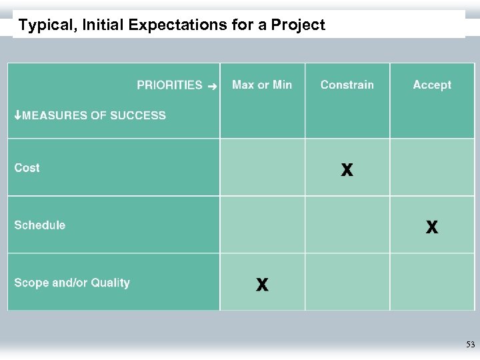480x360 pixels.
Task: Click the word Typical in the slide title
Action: (x=45, y=26)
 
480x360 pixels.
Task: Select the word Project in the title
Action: (x=298, y=26)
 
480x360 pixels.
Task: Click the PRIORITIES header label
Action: (x=169, y=85)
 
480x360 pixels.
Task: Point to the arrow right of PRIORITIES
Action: (x=212, y=86)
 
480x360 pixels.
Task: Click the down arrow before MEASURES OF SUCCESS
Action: (x=18, y=115)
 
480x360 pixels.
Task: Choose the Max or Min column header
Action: (x=262, y=85)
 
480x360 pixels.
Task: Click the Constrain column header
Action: (x=347, y=85)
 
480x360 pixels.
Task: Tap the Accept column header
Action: (x=432, y=85)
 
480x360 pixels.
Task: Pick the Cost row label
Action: (x=27, y=168)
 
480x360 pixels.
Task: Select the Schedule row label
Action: (x=40, y=225)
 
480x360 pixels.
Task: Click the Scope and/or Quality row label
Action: (x=72, y=283)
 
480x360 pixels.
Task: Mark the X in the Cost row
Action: (x=347, y=170)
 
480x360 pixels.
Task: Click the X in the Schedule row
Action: (x=432, y=227)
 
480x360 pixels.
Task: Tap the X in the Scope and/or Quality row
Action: (x=263, y=285)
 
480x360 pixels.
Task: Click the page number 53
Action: (x=470, y=345)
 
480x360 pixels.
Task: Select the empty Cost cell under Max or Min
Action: (x=263, y=167)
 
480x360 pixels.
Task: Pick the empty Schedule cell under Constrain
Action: (x=347, y=225)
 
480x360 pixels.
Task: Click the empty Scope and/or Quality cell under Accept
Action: (x=432, y=282)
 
